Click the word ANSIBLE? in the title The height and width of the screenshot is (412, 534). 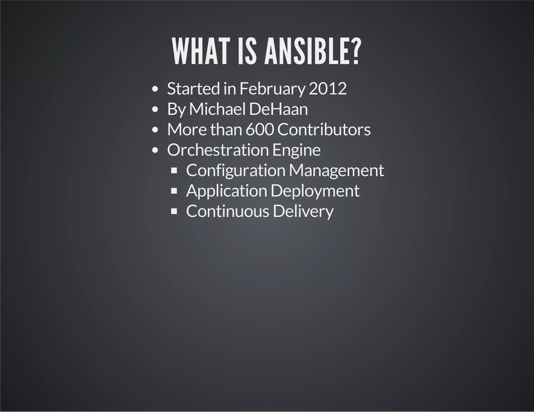click(312, 52)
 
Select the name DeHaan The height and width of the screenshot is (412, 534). click(278, 109)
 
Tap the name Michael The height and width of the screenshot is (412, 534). click(217, 109)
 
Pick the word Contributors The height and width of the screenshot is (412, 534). click(324, 129)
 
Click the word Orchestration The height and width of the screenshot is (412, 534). click(218, 150)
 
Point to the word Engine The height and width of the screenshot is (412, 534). click(296, 150)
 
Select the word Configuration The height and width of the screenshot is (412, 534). click(236, 171)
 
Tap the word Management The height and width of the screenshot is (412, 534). click(336, 171)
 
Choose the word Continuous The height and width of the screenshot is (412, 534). click(227, 211)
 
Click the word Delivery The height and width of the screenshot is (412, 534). click(303, 211)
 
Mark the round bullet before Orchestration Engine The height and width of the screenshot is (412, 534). click(155, 150)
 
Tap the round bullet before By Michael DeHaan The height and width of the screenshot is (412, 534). click(155, 109)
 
